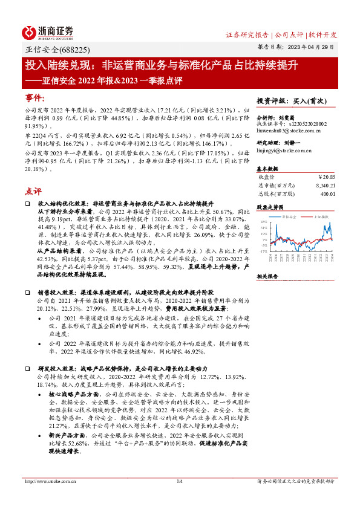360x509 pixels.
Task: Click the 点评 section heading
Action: pyautogui.click(x=33, y=191)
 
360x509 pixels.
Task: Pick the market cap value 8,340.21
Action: pyautogui.click(x=324, y=186)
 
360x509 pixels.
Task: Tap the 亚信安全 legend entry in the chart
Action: pyautogui.click(x=289, y=216)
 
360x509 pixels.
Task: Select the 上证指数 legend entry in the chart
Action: pyautogui.click(x=320, y=216)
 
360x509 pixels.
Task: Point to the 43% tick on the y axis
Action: pyautogui.click(x=264, y=222)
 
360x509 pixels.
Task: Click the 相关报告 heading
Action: pyautogui.click(x=267, y=276)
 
